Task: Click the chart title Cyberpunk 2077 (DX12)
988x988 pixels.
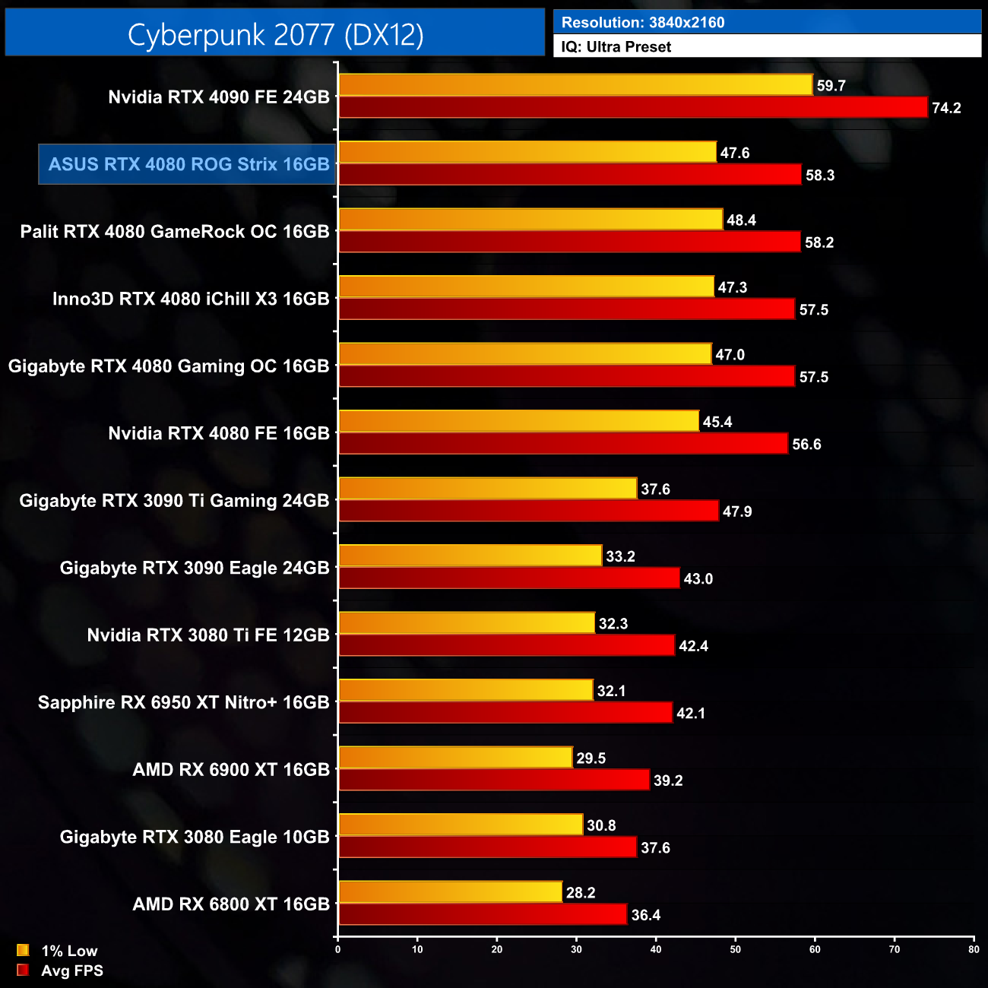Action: (x=275, y=34)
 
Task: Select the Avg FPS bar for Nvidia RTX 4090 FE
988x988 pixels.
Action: (x=633, y=107)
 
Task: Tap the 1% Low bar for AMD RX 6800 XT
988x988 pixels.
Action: (x=451, y=892)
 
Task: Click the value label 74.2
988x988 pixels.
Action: (x=946, y=108)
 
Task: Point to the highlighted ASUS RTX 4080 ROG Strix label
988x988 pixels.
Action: (x=188, y=164)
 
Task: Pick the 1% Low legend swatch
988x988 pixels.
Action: (x=23, y=950)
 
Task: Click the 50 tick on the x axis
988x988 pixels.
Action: (x=736, y=949)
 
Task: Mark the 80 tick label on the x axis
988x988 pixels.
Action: (x=974, y=949)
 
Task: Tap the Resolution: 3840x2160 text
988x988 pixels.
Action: (x=643, y=23)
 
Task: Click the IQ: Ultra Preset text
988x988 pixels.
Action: (x=616, y=47)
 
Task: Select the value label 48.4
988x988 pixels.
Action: (x=741, y=220)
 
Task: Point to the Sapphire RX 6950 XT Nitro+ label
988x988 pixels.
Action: (x=183, y=702)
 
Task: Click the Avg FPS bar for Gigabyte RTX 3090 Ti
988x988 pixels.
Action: (x=528, y=511)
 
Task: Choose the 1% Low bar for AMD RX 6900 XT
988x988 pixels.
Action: (x=455, y=758)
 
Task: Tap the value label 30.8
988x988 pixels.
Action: (x=601, y=825)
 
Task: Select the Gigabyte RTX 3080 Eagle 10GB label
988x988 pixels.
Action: (x=195, y=837)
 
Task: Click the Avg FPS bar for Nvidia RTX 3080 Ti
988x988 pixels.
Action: (x=507, y=645)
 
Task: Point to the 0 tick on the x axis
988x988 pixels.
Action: (x=338, y=949)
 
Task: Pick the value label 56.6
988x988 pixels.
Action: (x=806, y=445)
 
